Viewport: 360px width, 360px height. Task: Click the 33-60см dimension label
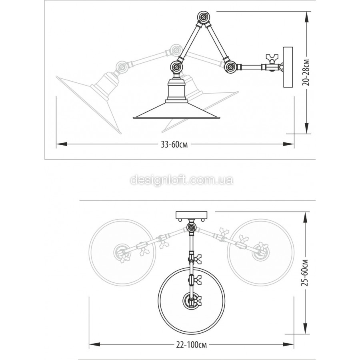point(174,145)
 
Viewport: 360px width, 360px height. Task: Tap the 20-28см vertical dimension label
point(306,72)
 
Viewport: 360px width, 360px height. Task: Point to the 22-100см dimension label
point(192,345)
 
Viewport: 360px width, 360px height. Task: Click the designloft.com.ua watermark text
point(182,180)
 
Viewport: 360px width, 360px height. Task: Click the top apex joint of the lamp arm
point(204,18)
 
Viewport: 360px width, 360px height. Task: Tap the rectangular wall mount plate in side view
point(288,67)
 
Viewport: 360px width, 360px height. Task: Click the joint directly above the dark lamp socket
point(176,67)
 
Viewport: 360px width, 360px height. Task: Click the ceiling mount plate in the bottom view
point(192,215)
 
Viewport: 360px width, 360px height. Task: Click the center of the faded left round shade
point(122,252)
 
